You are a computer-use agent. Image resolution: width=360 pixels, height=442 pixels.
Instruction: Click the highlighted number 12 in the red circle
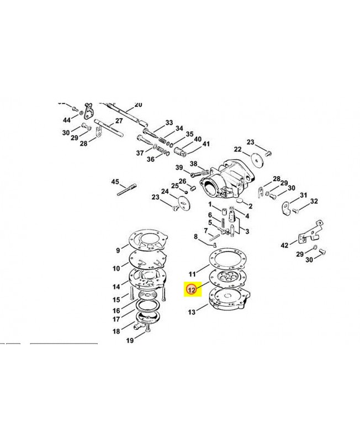pyautogui.click(x=191, y=288)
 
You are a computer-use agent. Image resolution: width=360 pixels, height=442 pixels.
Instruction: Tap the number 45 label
pyautogui.click(x=115, y=182)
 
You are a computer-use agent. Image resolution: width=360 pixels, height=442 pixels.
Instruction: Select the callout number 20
pyautogui.click(x=138, y=104)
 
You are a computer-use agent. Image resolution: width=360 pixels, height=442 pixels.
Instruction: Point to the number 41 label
pyautogui.click(x=206, y=144)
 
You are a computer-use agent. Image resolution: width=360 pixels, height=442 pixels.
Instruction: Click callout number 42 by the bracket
pyautogui.click(x=284, y=244)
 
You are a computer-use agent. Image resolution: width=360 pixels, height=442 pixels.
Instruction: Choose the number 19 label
pyautogui.click(x=130, y=340)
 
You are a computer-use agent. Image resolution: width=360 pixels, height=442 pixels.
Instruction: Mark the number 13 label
pyautogui.click(x=192, y=312)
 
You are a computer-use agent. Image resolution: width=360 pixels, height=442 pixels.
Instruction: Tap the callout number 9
pyautogui.click(x=117, y=250)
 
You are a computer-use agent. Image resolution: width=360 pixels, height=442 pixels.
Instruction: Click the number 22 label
pyautogui.click(x=237, y=149)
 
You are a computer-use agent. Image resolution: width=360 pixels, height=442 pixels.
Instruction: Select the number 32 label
pyautogui.click(x=314, y=201)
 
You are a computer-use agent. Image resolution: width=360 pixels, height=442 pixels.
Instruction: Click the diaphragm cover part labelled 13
pyautogui.click(x=227, y=307)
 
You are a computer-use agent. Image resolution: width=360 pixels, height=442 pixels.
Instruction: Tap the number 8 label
pyautogui.click(x=195, y=237)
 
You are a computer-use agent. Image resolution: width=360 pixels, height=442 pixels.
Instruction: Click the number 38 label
pyautogui.click(x=193, y=164)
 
